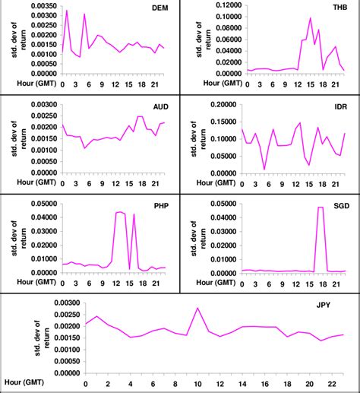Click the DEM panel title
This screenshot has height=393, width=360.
161,10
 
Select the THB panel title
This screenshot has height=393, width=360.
338,10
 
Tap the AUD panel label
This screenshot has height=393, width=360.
160,107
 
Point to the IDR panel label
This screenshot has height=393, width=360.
338,107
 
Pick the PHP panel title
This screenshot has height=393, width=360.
160,205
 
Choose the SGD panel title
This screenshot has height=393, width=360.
337,205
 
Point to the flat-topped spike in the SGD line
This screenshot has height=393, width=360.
320,208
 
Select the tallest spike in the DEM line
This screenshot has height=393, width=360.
67,11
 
